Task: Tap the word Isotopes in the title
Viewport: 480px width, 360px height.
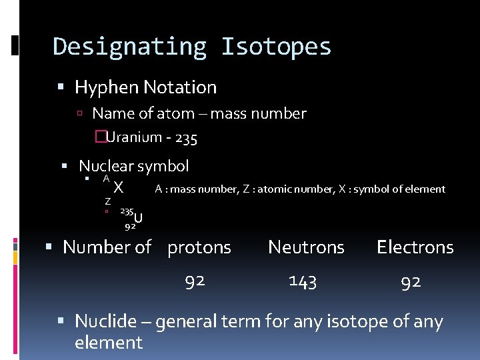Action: coord(276,47)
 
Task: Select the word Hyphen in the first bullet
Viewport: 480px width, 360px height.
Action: coord(102,87)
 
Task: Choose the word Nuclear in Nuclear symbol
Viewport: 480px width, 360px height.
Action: coord(106,166)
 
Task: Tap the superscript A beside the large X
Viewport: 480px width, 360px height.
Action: coord(106,179)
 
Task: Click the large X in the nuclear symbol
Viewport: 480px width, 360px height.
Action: coord(118,187)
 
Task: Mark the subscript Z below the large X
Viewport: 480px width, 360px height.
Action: coord(107,201)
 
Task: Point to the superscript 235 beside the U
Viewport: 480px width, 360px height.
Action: coord(126,211)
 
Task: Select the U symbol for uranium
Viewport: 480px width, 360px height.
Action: coord(138,217)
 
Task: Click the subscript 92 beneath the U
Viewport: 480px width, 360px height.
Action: coord(131,226)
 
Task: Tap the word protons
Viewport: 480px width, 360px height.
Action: coord(199,247)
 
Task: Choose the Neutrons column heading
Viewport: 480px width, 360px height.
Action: coord(306,247)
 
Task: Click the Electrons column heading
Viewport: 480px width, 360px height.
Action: coord(415,247)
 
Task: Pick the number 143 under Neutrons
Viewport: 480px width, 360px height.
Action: coord(303,281)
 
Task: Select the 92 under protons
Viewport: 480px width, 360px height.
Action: coord(195,281)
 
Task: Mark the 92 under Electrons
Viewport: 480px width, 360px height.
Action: coord(411,281)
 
